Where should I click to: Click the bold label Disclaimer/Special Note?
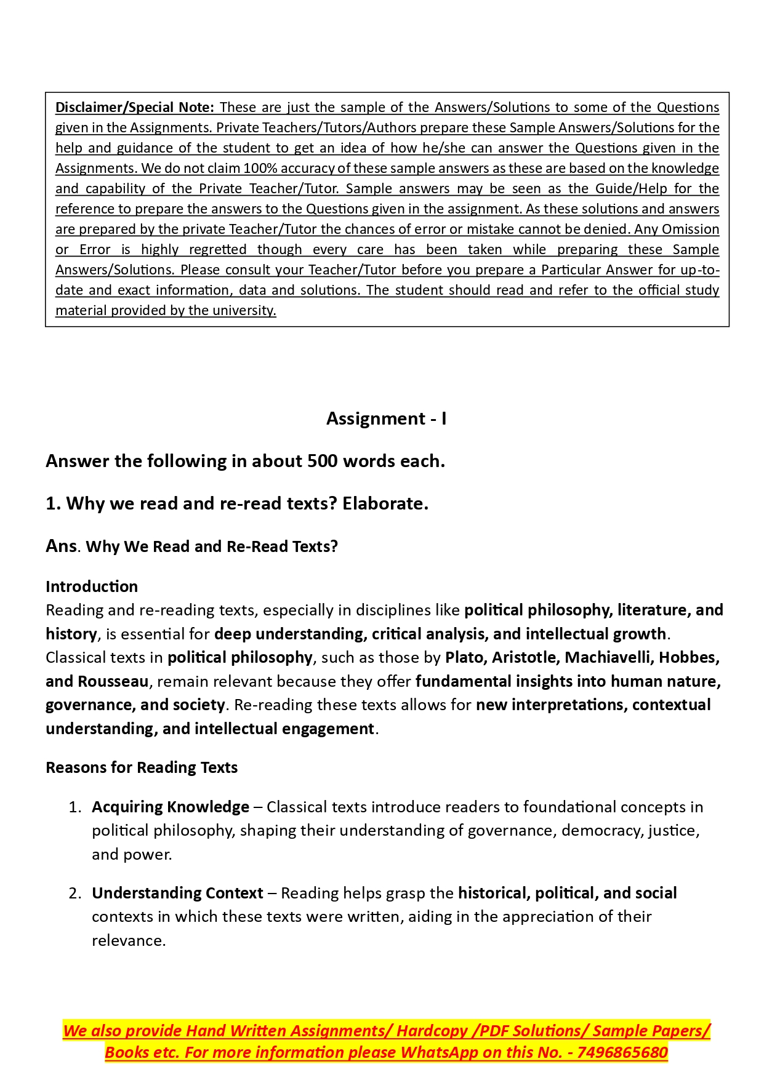click(134, 108)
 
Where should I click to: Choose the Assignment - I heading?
click(386, 419)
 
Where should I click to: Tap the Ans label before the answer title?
click(61, 546)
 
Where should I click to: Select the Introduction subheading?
click(92, 586)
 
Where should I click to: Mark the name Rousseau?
click(113, 682)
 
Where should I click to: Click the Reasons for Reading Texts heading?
click(142, 768)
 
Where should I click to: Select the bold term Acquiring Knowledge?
click(171, 807)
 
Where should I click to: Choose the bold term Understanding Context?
click(177, 894)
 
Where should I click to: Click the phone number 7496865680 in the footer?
click(622, 1053)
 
